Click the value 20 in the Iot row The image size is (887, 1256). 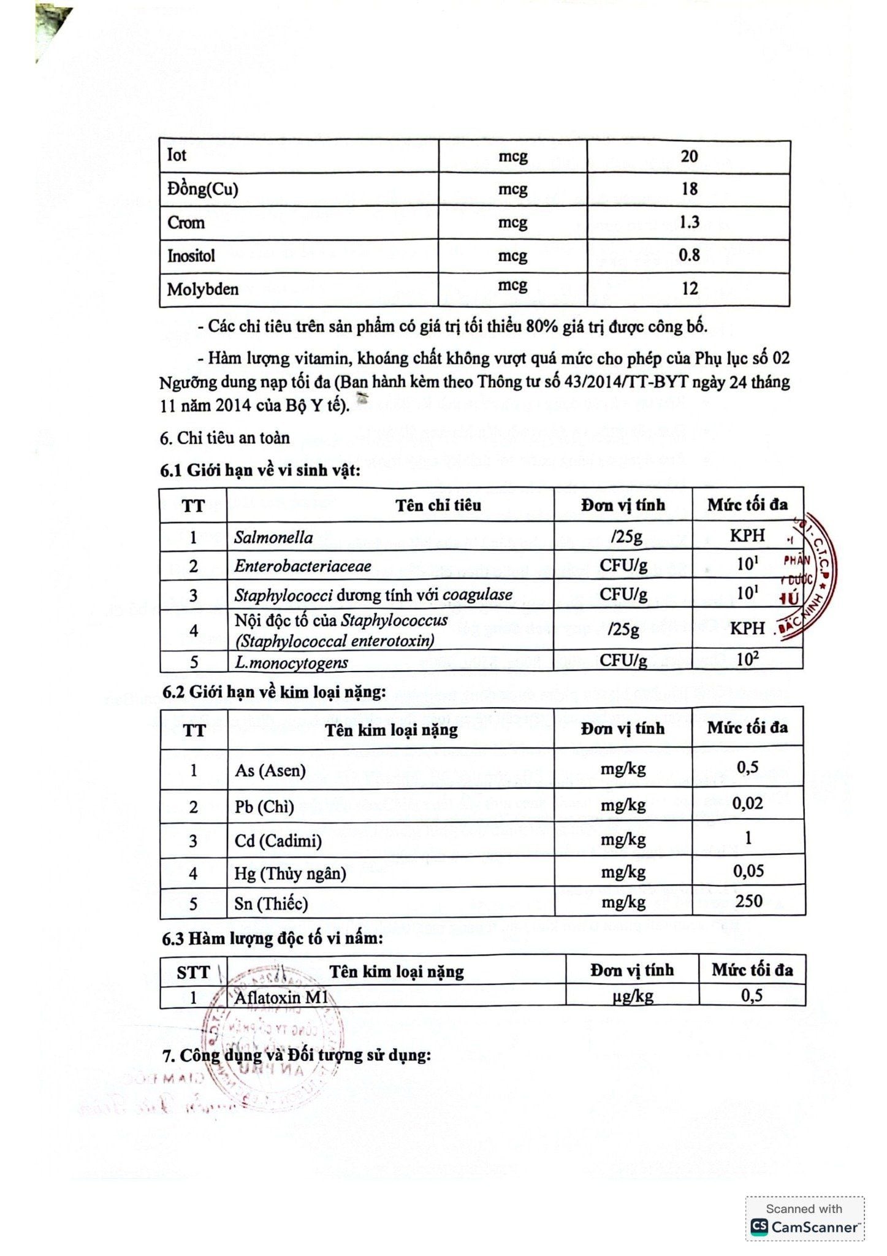689,156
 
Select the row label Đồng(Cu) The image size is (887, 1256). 203,190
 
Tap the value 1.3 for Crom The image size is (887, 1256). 689,222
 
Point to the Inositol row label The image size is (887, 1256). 191,255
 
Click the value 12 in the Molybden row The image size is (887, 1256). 690,288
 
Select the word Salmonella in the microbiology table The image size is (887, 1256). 273,538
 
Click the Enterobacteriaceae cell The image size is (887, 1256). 303,565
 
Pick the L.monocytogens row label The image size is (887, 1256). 291,662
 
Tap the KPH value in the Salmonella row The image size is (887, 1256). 747,535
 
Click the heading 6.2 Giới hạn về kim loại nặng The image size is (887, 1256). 273,692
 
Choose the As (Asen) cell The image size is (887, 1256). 270,770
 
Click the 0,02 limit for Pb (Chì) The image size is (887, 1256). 747,803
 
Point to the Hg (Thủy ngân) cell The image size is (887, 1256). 290,873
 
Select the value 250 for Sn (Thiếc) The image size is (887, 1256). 748,901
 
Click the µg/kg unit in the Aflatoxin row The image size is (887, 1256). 632,997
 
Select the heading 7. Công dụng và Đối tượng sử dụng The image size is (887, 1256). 297,1056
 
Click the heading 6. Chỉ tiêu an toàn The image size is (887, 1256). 224,438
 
